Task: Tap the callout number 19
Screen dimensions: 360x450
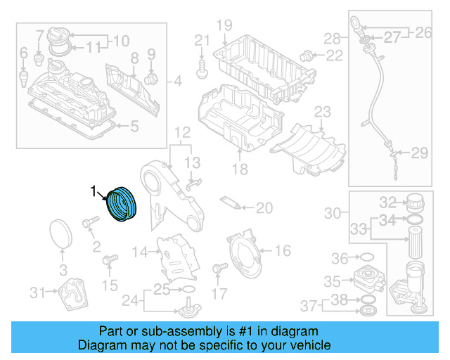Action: pos(224,26)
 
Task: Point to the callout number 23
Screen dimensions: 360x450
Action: pos(322,112)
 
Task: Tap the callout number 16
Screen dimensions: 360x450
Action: pos(281,251)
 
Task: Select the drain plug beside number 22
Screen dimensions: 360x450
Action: pos(307,54)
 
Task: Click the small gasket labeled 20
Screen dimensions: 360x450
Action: pos(231,203)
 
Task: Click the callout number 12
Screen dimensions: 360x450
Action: pos(182,131)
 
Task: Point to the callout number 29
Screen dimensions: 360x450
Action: pos(419,153)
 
